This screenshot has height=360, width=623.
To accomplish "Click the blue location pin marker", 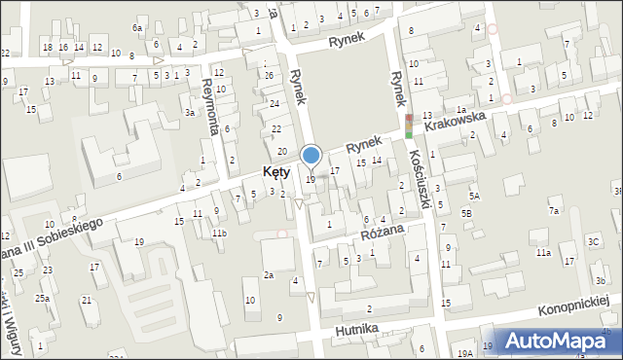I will click(x=311, y=157).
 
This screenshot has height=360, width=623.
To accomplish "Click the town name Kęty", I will click(x=276, y=172).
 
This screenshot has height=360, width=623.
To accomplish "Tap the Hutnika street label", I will click(x=355, y=330).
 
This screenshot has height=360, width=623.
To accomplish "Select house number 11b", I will click(x=220, y=234).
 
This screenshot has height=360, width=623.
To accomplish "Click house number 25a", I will click(x=43, y=298).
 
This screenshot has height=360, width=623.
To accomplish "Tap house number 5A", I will click(x=474, y=196).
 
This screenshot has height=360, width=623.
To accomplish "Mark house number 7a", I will click(x=554, y=210).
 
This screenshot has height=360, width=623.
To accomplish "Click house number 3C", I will click(x=593, y=241).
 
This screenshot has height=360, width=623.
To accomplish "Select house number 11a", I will click(x=542, y=253).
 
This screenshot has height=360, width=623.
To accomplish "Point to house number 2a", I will click(x=268, y=275).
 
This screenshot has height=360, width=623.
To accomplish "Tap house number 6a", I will click(x=138, y=28).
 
